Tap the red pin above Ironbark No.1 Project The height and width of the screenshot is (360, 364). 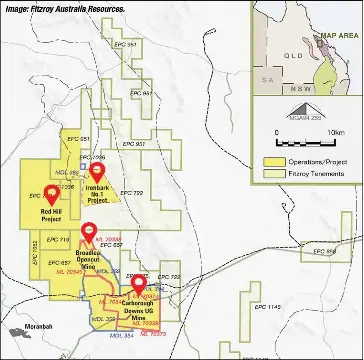[96, 173]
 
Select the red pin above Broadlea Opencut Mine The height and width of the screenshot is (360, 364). [91, 236]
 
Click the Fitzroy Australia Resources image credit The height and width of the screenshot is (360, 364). [65, 7]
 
